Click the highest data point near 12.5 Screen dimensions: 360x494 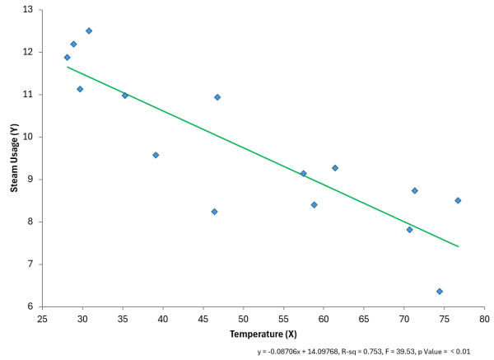(89, 30)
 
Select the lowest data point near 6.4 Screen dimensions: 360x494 (440, 291)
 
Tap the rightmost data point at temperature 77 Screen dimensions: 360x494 (458, 200)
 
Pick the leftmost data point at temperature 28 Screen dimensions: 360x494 (67, 57)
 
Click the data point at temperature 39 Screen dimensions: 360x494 (156, 155)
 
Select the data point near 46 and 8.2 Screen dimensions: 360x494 (214, 212)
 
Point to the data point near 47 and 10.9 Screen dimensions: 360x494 (217, 97)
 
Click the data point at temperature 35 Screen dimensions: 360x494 (125, 96)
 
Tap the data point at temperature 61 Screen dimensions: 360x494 (335, 168)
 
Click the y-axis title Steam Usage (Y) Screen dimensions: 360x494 (15, 157)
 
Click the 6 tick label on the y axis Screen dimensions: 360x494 (30, 306)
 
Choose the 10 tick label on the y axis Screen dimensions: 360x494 (27, 137)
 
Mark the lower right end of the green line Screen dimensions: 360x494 (458, 246)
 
